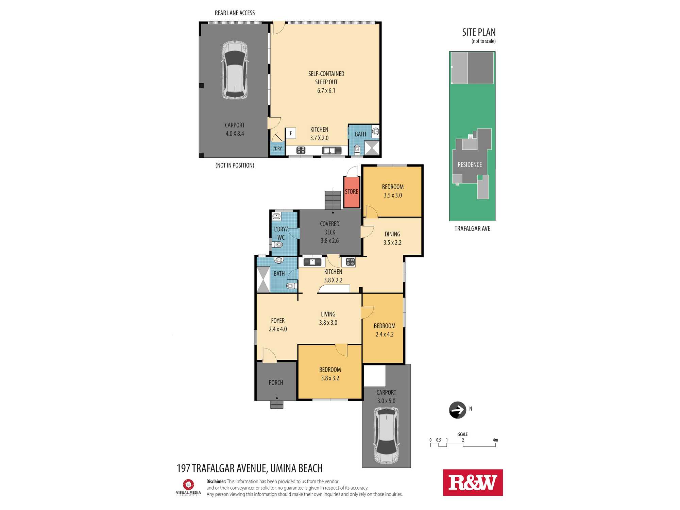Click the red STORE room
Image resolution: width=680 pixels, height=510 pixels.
coord(352,192)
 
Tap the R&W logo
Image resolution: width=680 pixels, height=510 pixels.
coord(473,482)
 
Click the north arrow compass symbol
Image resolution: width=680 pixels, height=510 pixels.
coord(458,410)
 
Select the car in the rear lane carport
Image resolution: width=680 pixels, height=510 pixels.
coord(235,70)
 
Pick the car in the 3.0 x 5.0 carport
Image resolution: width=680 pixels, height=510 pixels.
coord(387,436)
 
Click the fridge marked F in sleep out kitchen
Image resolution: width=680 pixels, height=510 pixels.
coord(291,133)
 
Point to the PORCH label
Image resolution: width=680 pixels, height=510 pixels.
coord(276,383)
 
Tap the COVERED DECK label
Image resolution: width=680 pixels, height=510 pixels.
coord(330,228)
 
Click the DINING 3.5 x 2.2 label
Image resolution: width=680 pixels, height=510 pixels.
coord(392,238)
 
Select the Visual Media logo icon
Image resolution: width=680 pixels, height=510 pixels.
coord(188,484)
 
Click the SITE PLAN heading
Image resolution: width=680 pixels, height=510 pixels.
coord(479,32)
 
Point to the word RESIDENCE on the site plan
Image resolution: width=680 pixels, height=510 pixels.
coord(470,165)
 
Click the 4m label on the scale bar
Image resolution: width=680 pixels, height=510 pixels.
coord(495,440)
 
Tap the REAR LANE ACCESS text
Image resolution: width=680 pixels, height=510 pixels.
coord(235,13)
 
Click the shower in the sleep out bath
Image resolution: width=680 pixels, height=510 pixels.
coord(371,148)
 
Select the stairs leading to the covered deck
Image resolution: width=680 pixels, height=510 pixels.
coord(333,200)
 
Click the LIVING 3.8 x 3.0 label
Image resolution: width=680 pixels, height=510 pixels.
coord(328,319)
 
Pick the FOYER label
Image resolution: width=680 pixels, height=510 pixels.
coord(278,321)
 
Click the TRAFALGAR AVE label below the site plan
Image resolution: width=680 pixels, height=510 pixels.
coord(472,229)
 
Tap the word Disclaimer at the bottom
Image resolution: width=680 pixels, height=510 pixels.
coord(216,481)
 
